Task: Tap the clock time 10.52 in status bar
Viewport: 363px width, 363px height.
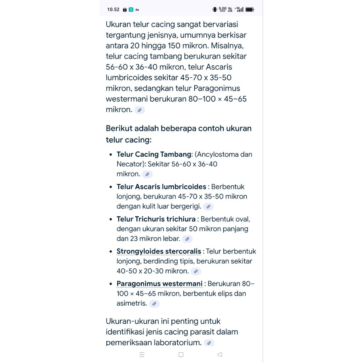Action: tap(113, 10)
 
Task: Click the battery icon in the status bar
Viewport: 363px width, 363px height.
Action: tap(250, 10)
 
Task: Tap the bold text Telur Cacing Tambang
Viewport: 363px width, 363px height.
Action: tap(154, 155)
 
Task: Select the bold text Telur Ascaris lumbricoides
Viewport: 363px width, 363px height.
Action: tap(161, 187)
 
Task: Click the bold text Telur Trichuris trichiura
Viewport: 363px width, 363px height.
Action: tap(156, 219)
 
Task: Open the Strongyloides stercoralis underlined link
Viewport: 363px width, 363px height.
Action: tap(159, 252)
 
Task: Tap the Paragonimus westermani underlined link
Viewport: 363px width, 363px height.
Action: tap(160, 284)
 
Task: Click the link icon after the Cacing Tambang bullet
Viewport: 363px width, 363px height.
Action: tap(147, 174)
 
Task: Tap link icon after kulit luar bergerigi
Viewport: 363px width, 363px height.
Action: tap(208, 207)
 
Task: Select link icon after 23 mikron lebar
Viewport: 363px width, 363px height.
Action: tap(187, 239)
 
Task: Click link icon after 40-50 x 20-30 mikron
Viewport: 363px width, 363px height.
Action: tap(196, 272)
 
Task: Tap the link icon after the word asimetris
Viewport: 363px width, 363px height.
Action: tap(154, 304)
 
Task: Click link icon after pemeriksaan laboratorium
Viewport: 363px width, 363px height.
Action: tap(209, 343)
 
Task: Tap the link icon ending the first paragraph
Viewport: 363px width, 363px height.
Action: tap(140, 110)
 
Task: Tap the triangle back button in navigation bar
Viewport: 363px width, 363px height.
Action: tap(219, 354)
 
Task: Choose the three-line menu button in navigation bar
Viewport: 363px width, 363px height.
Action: tap(142, 354)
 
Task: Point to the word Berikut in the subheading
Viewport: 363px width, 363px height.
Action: tap(119, 128)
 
